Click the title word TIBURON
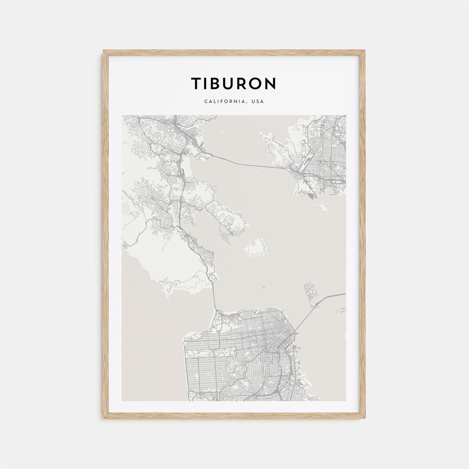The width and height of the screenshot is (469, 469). click(234, 83)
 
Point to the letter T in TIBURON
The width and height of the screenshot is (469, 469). click(196, 83)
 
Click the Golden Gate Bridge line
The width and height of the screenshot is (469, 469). click(214, 295)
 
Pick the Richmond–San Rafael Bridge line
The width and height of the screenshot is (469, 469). click(243, 162)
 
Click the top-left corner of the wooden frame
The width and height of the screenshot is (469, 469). click(104, 51)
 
